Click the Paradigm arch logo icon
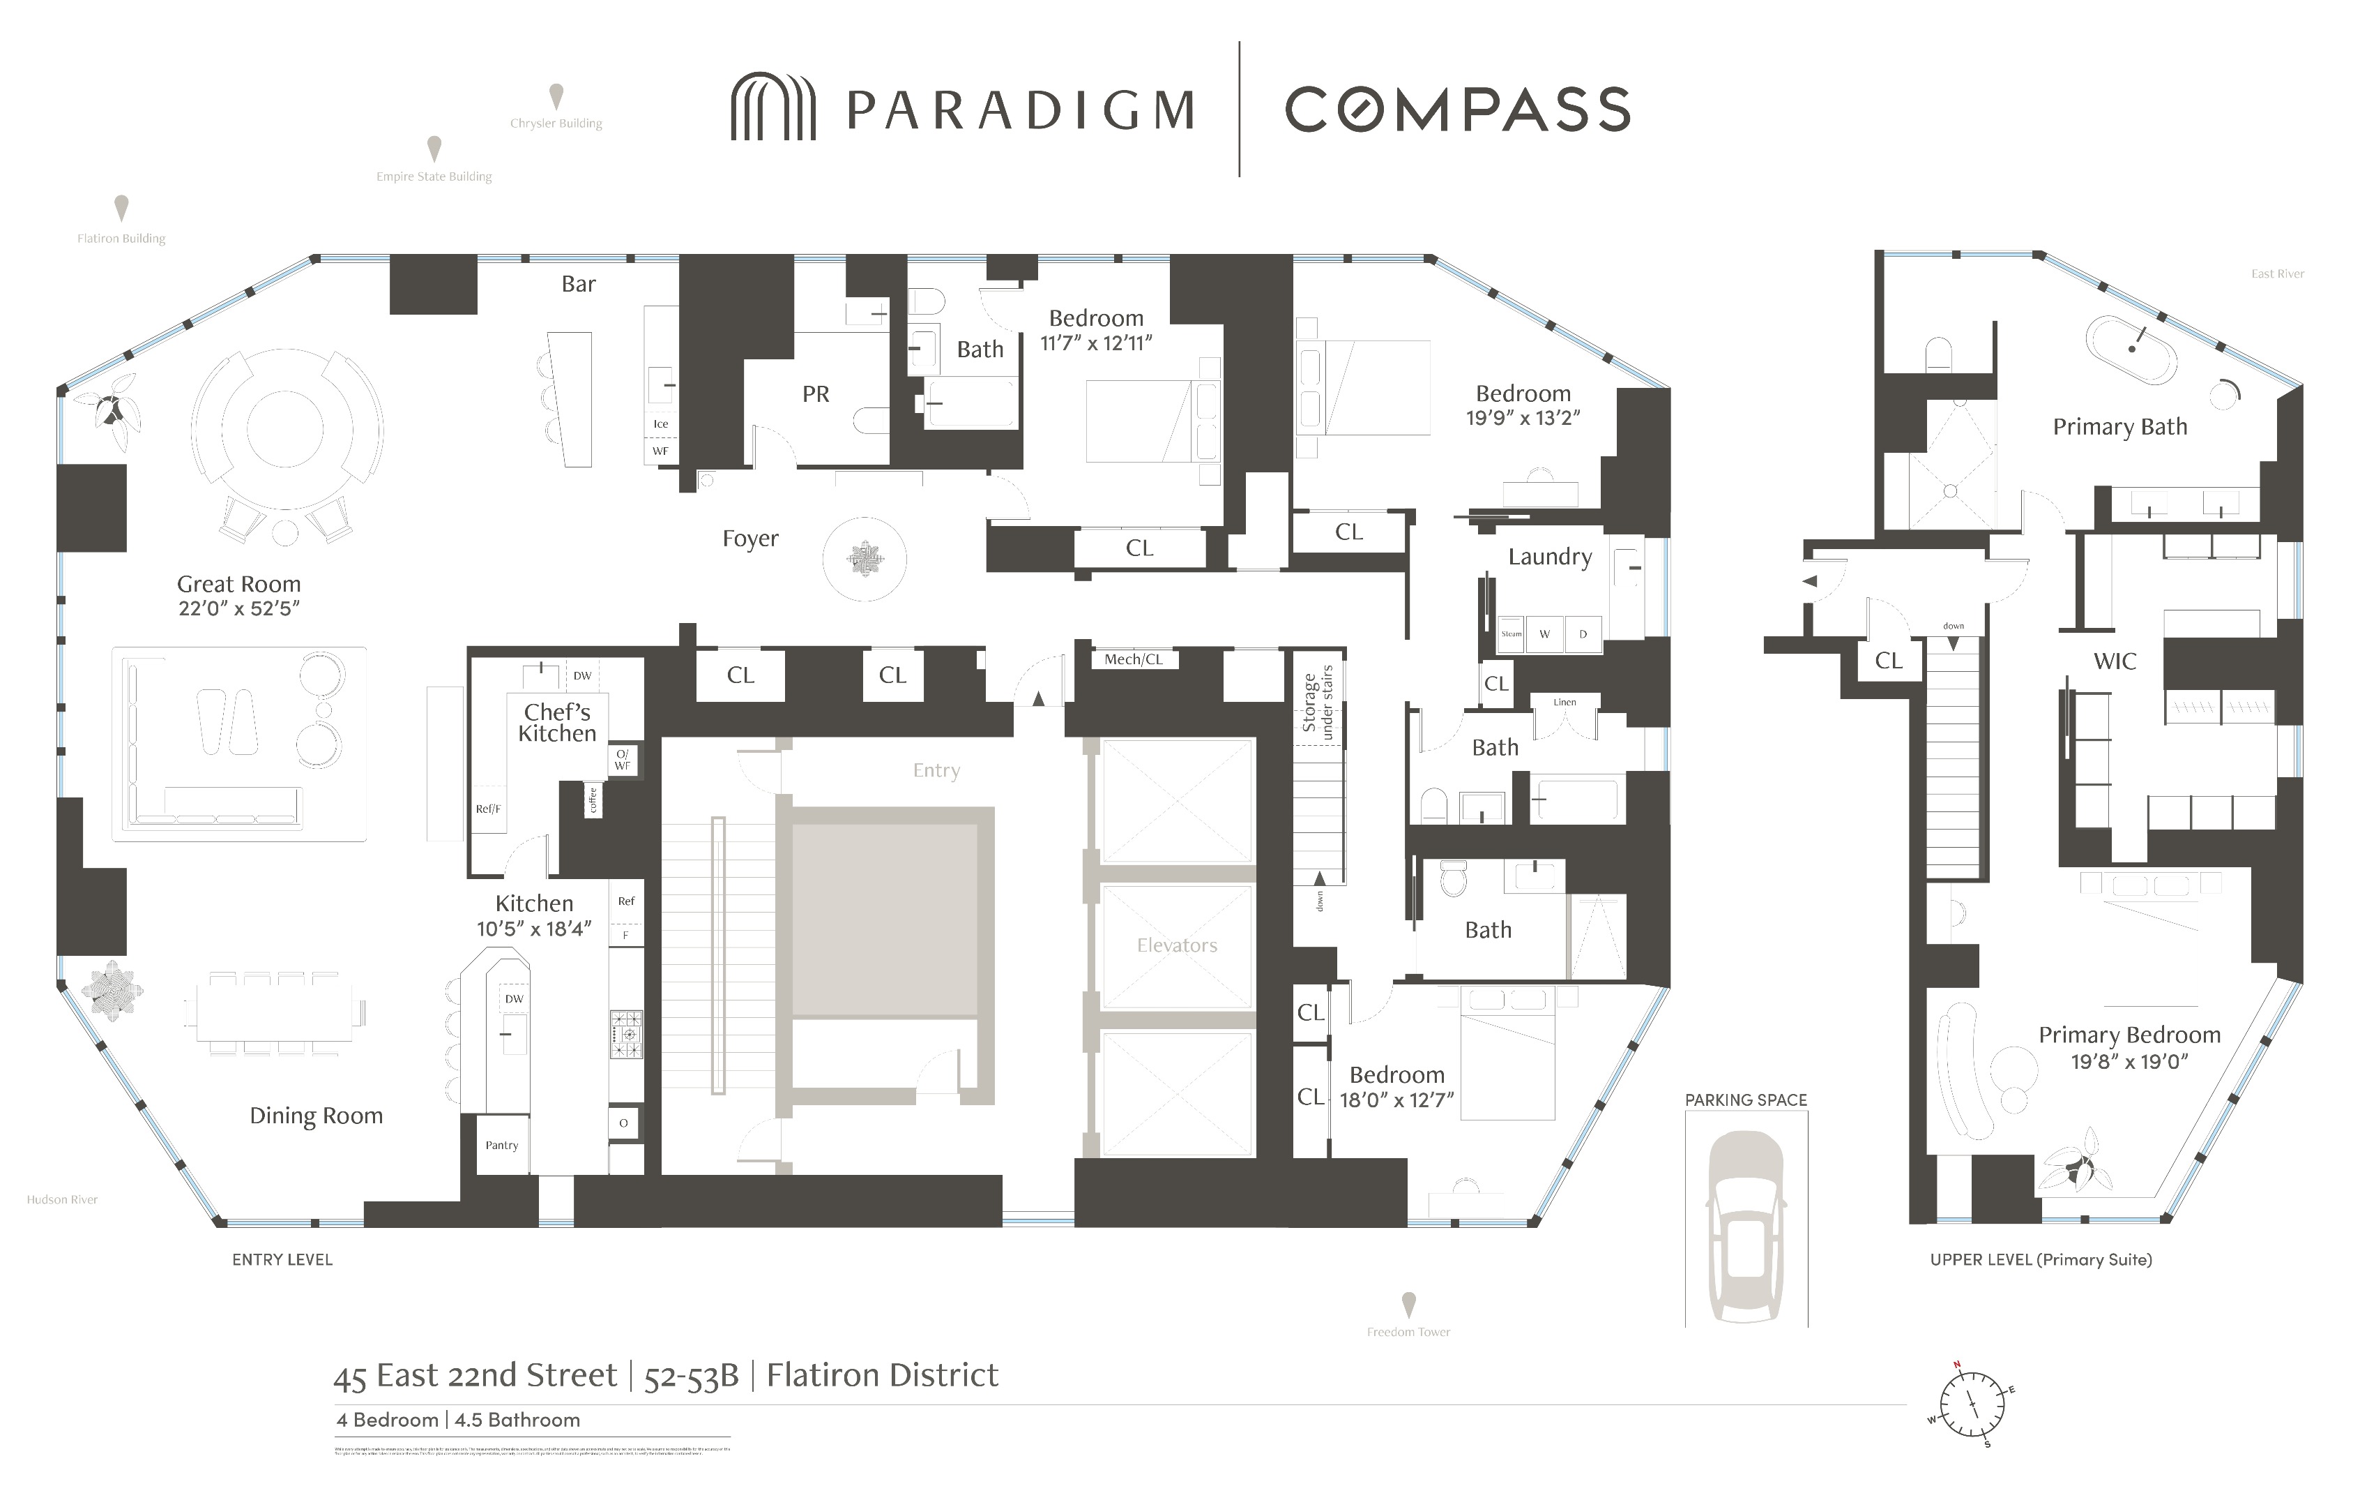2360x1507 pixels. [772, 107]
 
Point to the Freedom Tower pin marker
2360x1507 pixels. [1408, 1304]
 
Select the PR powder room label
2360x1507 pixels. [816, 394]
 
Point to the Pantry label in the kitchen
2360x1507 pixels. [502, 1145]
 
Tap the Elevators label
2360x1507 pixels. [1176, 946]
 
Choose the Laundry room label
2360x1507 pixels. [1548, 557]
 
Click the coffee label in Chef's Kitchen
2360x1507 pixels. [592, 801]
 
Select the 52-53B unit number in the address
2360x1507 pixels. [691, 1377]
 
